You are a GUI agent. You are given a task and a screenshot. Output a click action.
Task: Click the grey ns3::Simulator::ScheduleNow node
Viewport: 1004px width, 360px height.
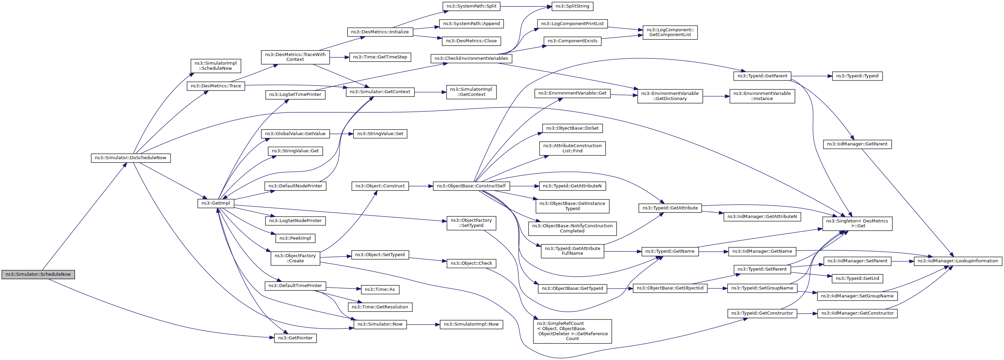point(38,274)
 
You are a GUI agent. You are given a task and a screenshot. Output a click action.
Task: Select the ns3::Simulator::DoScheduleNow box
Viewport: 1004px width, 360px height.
point(131,158)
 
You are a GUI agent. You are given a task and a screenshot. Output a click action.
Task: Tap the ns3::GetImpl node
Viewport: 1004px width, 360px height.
point(216,203)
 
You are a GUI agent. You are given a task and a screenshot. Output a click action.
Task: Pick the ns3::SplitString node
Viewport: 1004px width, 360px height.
point(572,6)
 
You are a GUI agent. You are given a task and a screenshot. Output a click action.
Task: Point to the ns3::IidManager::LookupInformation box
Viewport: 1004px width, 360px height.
point(958,261)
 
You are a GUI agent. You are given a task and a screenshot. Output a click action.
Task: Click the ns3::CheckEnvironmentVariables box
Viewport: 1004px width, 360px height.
point(471,58)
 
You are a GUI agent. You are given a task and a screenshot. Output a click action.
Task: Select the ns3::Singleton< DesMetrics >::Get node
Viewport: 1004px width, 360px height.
point(858,223)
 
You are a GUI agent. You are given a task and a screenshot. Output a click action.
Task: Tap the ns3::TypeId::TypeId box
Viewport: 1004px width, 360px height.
point(858,76)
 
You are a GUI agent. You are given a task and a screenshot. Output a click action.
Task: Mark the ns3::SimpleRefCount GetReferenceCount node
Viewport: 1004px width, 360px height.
point(572,331)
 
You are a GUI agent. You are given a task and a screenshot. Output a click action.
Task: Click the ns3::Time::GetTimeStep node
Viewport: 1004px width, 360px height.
point(380,57)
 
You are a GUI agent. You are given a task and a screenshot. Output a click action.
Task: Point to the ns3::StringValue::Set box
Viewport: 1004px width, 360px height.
point(380,134)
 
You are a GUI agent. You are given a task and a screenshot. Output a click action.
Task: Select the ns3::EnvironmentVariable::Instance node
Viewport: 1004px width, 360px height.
point(762,96)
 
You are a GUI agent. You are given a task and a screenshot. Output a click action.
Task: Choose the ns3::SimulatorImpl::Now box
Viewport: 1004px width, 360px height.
point(471,325)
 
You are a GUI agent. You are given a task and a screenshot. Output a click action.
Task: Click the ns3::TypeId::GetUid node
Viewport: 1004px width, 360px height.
point(858,279)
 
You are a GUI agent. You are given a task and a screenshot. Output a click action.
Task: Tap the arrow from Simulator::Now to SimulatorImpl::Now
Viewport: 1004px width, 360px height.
point(423,325)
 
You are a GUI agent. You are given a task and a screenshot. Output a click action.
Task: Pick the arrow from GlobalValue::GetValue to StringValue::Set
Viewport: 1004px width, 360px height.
point(341,134)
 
